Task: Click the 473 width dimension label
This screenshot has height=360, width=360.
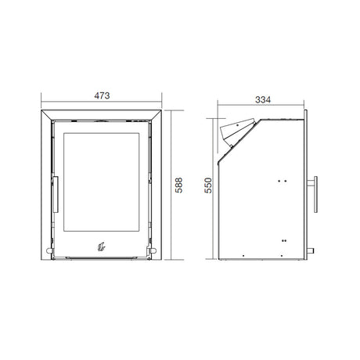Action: coord(102,95)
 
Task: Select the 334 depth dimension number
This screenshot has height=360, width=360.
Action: coord(263,99)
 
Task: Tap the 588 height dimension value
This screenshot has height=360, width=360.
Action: coord(178,185)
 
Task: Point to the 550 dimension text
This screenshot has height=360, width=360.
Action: coord(208,185)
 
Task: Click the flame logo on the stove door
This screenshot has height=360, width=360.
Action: coord(101,247)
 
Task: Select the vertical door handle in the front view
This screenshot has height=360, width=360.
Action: coord(56,194)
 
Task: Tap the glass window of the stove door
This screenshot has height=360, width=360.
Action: coord(102,182)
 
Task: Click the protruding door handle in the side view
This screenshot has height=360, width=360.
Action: coord(314,194)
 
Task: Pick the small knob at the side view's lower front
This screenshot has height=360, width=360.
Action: coord(311,251)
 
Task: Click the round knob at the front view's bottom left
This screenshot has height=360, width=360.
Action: coord(49,250)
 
